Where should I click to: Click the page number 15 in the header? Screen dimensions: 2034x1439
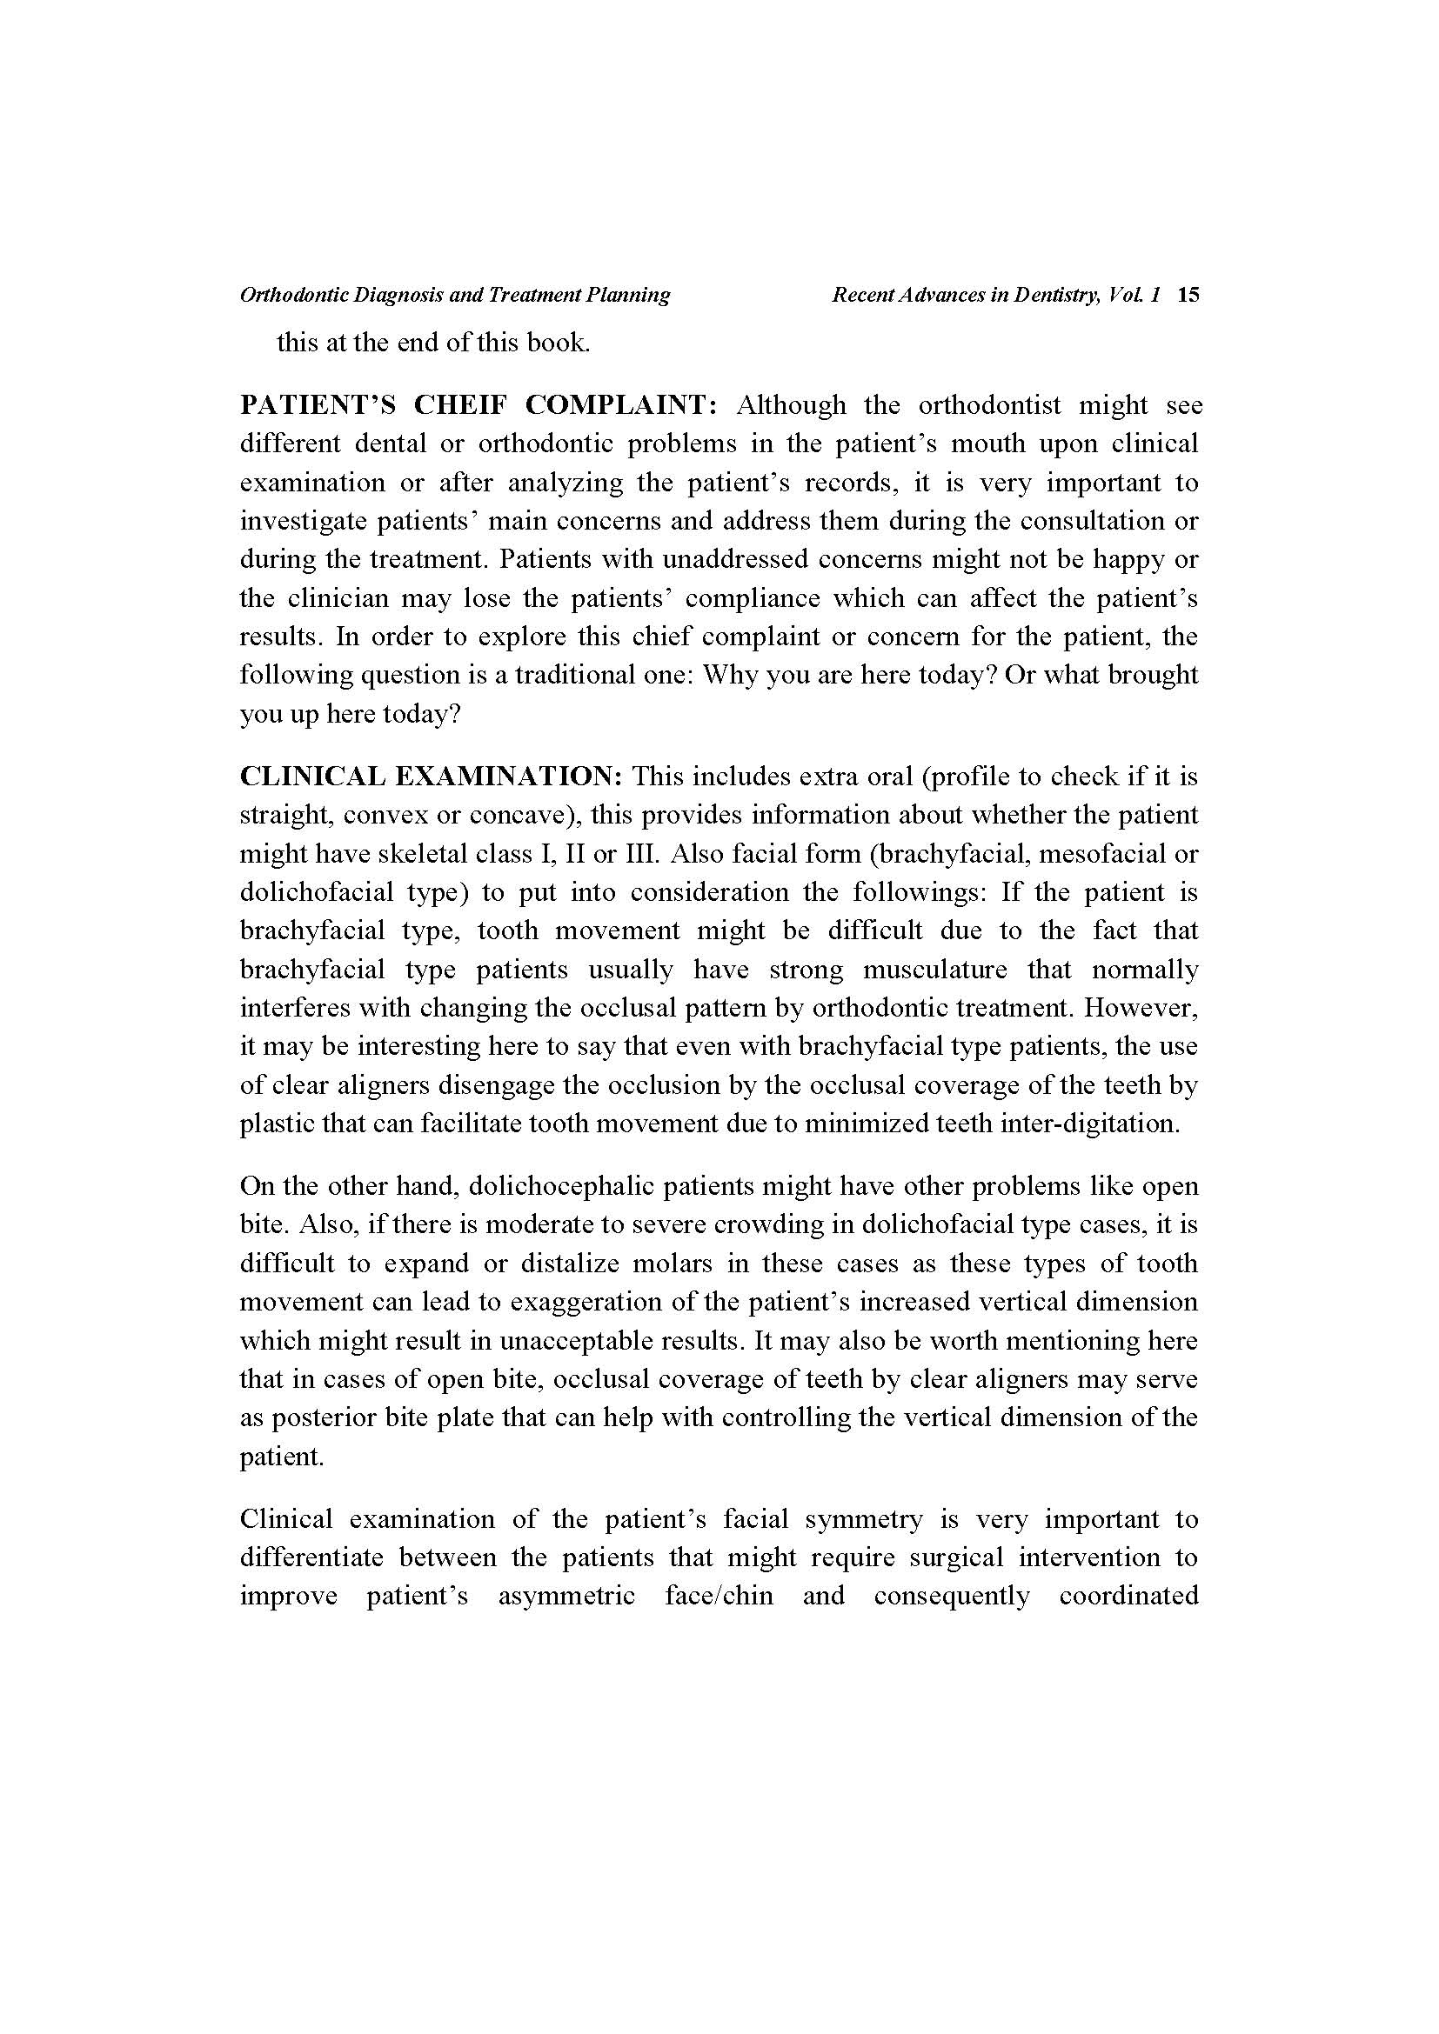1188,295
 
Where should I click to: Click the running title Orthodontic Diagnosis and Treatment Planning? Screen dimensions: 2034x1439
454,295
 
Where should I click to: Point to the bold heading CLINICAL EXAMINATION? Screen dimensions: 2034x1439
432,776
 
